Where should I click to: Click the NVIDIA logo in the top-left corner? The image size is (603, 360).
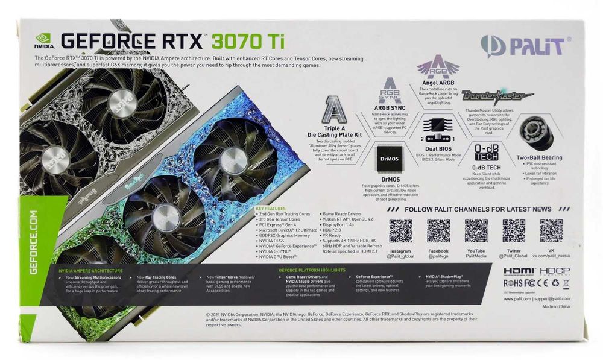[x=44, y=40]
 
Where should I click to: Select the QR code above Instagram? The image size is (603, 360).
[x=400, y=231]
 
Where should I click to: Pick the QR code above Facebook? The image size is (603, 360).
[x=438, y=231]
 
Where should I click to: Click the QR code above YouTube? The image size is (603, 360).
[x=476, y=231]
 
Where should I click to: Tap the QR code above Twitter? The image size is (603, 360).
[x=514, y=231]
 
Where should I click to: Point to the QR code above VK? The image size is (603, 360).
[x=551, y=231]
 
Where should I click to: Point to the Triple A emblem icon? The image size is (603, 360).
[x=335, y=110]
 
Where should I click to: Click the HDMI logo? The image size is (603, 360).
[x=519, y=271]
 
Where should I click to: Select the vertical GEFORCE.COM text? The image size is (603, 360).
[x=33, y=241]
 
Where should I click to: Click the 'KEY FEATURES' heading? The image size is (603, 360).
[x=271, y=208]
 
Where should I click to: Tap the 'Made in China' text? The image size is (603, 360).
[x=555, y=307]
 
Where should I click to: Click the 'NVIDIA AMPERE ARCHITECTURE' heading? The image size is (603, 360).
[x=91, y=271]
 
